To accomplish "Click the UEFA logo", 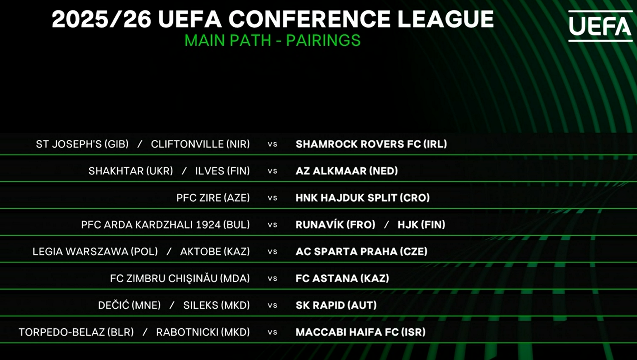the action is point(600,26).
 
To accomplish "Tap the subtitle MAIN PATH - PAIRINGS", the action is point(272,41).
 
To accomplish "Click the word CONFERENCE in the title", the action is point(310,19).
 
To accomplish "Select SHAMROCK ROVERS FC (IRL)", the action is point(371,144).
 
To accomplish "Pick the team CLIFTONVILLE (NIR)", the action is point(200,144).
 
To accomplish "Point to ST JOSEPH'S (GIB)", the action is point(82,144).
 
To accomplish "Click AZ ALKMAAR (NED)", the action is point(347,171).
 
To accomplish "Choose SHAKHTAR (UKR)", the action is point(131,171).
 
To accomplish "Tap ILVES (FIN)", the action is point(222,171).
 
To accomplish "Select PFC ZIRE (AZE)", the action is point(213,198).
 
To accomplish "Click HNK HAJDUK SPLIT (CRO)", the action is point(363,198).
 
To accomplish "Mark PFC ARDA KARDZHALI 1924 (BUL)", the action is point(165,225).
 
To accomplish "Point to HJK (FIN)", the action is point(421,225).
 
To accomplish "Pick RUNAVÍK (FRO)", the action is point(335,224).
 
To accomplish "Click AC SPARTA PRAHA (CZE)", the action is point(361,251).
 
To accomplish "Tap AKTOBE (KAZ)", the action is point(215,251).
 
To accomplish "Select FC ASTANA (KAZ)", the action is point(342,279).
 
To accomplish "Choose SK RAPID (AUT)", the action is point(336,305).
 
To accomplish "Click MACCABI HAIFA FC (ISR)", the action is point(360,332).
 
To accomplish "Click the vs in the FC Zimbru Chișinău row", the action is point(272,279).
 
